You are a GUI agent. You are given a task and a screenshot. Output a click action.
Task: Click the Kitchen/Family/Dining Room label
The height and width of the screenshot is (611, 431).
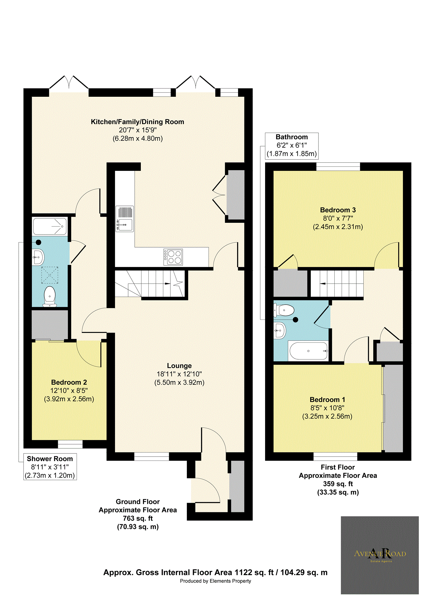[137, 122]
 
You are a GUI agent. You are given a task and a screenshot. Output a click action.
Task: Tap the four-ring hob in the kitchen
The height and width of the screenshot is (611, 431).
[173, 257]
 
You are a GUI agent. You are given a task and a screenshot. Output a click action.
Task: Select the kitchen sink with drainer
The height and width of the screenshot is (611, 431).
[125, 219]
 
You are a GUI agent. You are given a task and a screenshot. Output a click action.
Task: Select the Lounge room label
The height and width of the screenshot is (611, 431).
[179, 366]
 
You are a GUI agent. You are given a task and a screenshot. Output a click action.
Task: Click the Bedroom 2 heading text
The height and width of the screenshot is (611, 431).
[69, 383]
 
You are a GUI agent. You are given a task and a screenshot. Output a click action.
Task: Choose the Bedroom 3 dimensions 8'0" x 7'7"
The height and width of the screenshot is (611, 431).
[338, 219]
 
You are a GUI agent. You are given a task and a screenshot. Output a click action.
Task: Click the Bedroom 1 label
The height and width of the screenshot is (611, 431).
[327, 400]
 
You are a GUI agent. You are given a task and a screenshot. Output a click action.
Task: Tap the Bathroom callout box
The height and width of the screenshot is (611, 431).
[291, 146]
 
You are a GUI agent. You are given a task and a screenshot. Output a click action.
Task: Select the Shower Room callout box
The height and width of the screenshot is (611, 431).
[50, 467]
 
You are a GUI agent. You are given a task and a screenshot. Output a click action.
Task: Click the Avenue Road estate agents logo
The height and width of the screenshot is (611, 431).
[380, 555]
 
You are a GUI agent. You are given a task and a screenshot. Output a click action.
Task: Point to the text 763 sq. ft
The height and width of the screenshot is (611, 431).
[138, 518]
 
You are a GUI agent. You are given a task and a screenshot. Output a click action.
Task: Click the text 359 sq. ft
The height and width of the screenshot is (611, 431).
[338, 484]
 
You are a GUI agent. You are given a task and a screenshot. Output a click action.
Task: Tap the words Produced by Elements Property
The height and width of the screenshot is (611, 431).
[215, 581]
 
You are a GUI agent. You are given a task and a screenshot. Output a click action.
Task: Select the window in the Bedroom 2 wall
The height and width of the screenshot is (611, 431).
[70, 444]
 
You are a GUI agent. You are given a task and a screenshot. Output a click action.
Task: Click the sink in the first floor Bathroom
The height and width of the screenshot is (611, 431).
[279, 331]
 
